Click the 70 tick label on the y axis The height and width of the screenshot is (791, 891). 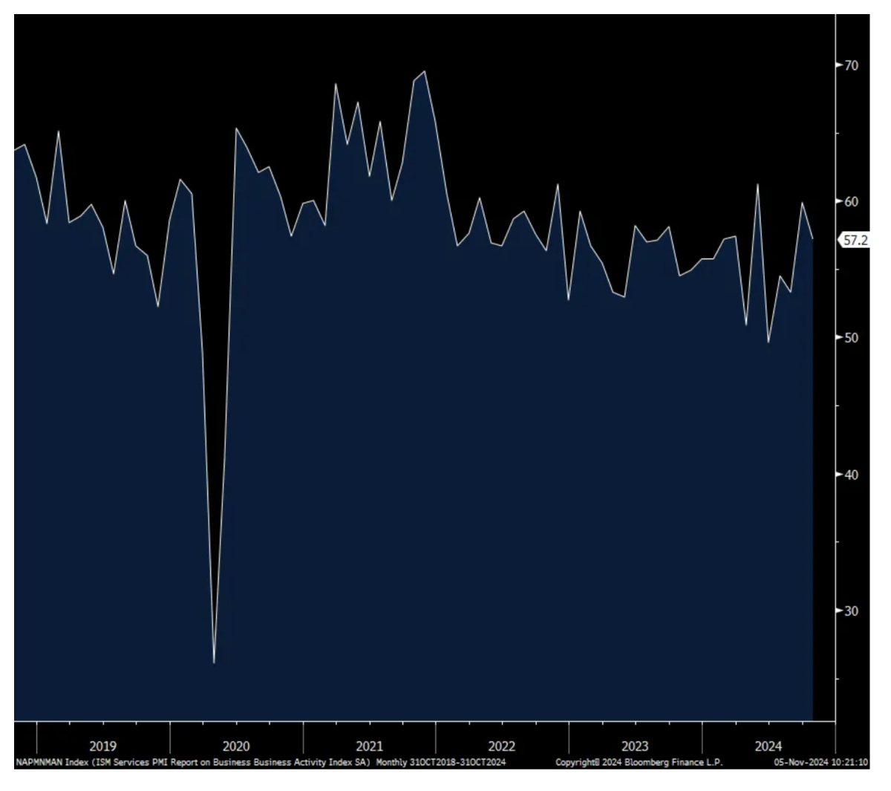851,65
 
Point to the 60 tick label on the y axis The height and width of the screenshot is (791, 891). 851,201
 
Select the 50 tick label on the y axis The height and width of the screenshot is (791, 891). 851,338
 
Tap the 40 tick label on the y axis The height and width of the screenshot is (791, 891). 851,475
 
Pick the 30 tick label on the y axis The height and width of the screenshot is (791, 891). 851,611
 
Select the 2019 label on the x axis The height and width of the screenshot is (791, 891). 102,746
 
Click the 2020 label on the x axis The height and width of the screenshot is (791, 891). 235,746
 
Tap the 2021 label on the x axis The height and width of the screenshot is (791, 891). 369,746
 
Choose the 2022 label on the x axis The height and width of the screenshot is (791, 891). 502,746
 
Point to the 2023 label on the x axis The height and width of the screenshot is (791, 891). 635,746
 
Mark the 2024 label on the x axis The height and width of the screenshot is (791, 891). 768,746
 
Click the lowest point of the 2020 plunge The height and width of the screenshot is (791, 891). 214,663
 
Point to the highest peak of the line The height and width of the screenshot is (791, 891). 424,71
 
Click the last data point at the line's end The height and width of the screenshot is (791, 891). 813,238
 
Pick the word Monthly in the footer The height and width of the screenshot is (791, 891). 391,763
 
